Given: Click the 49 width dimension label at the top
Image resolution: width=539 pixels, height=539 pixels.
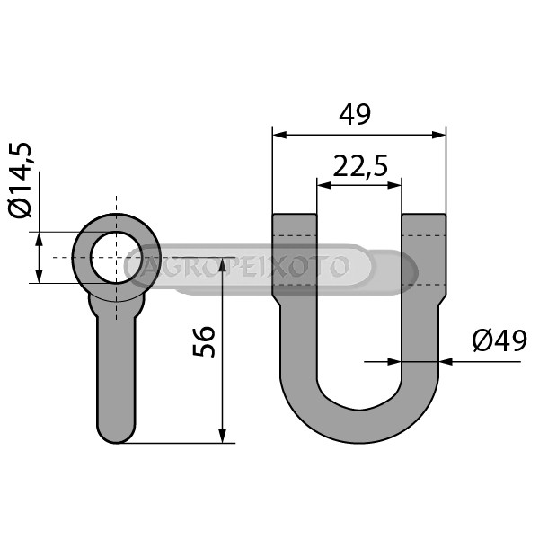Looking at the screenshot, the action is (x=355, y=114).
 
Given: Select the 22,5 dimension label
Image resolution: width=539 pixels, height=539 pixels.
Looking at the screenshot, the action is (x=360, y=165).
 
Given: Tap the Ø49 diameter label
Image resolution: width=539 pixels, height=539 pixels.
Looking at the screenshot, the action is (x=499, y=340).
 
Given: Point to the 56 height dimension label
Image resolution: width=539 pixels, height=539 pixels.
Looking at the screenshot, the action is (x=204, y=341).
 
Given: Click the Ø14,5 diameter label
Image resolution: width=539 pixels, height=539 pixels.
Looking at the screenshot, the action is (x=20, y=180).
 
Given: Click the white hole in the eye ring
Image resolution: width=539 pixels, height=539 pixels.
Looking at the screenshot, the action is (x=116, y=258).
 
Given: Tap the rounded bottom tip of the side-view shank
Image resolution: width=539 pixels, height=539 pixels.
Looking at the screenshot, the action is (x=116, y=437).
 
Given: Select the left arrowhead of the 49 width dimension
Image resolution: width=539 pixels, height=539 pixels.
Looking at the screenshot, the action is (x=279, y=135).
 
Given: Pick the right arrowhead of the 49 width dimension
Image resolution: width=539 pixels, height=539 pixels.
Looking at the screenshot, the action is (x=438, y=135).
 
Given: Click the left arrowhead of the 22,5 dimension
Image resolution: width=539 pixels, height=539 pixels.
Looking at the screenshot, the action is (x=324, y=185).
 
